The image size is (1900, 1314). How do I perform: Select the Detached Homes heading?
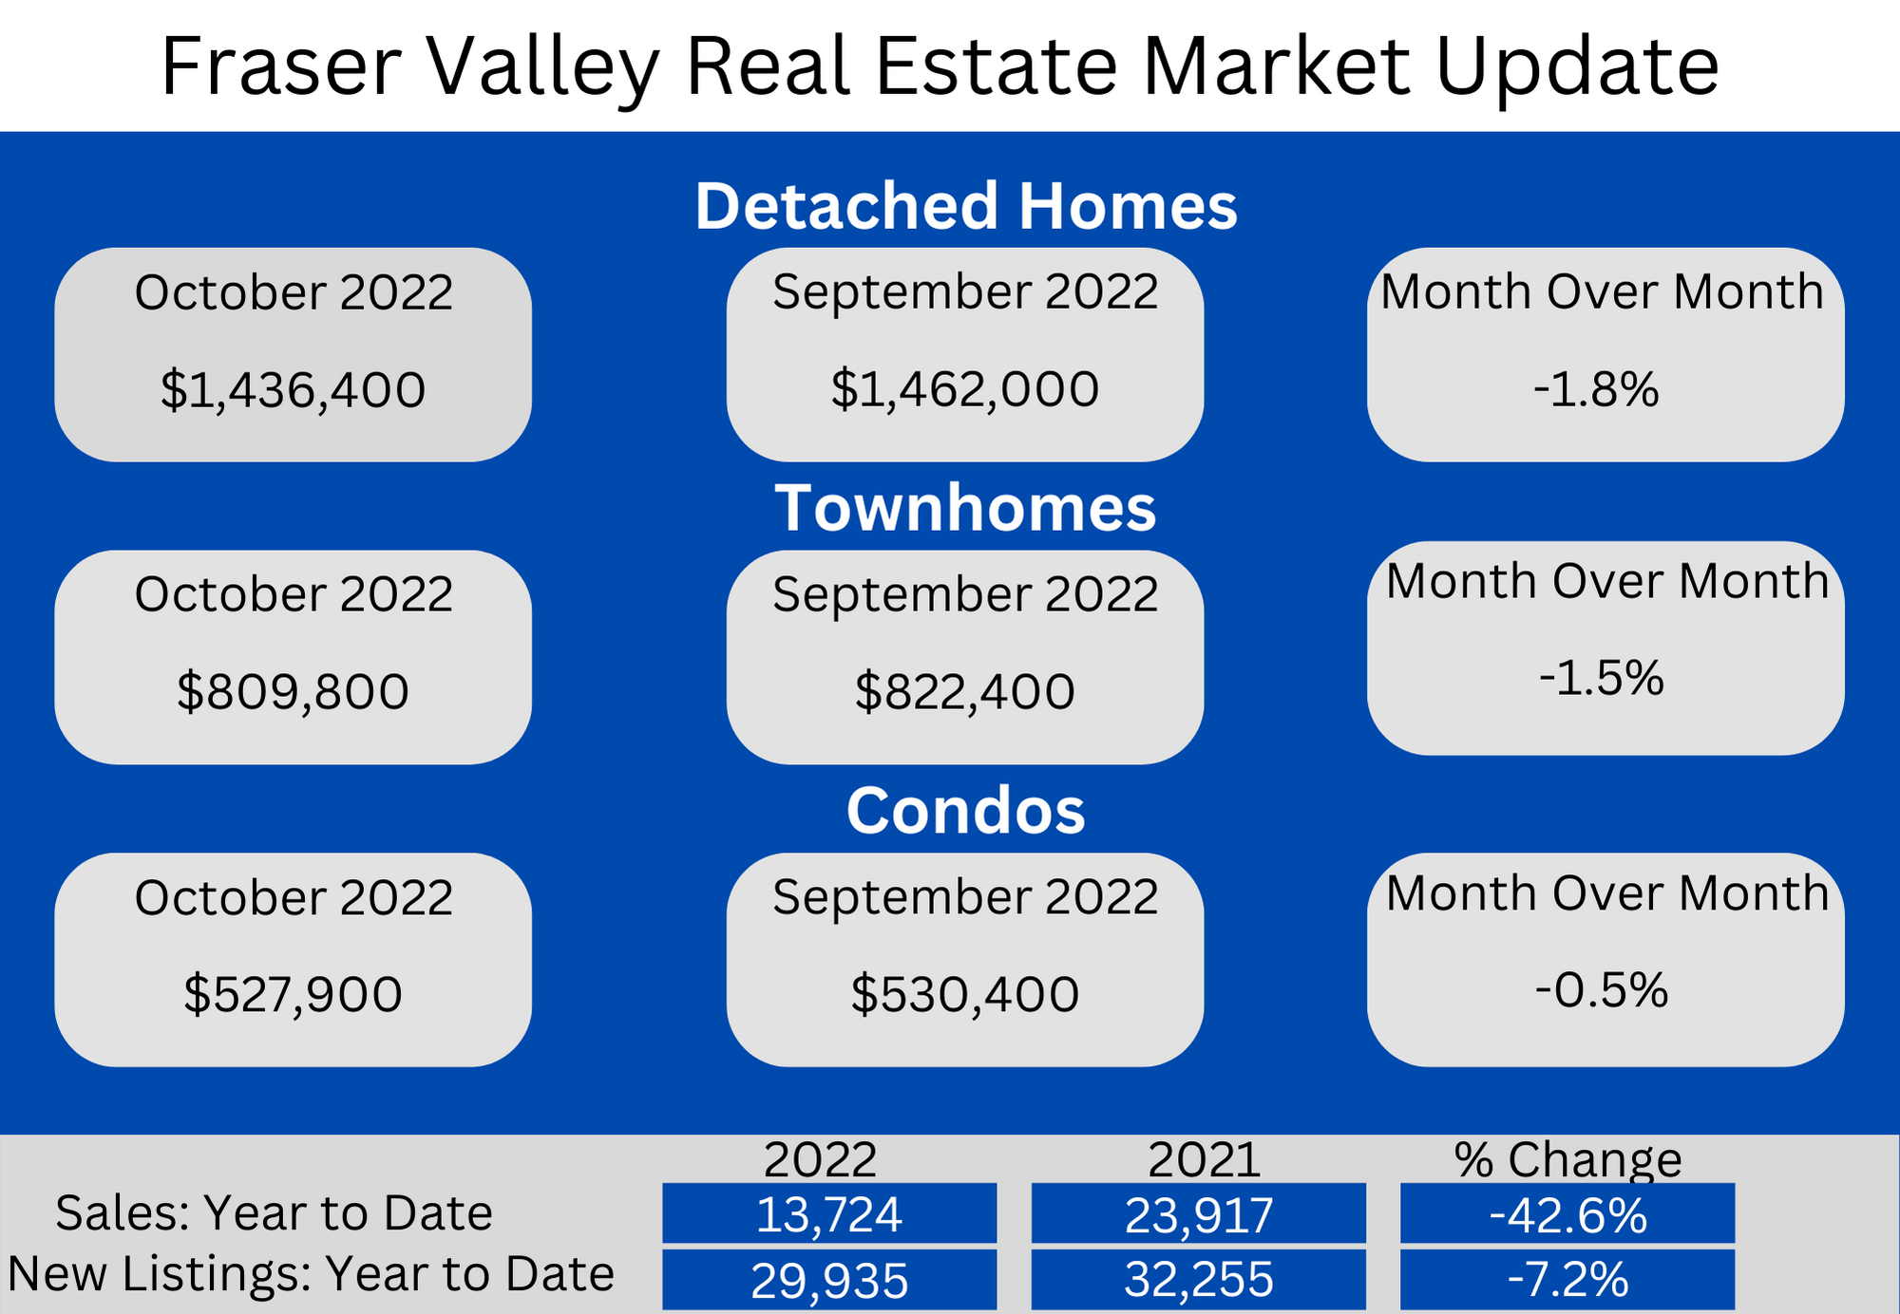click(x=966, y=206)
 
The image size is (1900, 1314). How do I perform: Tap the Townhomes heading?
click(x=965, y=508)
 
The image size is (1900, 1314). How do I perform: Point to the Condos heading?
click(x=965, y=811)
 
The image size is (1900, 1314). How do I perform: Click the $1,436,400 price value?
click(x=293, y=390)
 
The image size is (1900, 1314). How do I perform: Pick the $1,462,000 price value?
click(x=965, y=389)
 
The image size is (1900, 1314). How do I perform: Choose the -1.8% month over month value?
click(x=1596, y=389)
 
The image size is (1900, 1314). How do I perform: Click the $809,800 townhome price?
click(x=293, y=691)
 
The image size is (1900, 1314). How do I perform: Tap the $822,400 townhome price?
click(x=965, y=691)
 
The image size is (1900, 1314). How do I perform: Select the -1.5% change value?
click(x=1602, y=678)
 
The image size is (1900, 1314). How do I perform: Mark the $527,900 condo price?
click(x=293, y=994)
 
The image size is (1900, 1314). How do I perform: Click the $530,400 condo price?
click(x=965, y=994)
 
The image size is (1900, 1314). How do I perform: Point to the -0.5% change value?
click(x=1602, y=990)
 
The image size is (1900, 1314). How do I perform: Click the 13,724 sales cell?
click(x=829, y=1213)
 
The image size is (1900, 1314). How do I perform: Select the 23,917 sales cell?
click(x=1199, y=1213)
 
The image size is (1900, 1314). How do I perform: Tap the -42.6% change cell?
click(x=1567, y=1213)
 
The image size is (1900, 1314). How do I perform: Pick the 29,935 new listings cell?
click(x=829, y=1280)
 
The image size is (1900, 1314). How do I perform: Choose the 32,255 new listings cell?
click(x=1199, y=1280)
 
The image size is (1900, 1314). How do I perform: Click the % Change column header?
click(x=1567, y=1159)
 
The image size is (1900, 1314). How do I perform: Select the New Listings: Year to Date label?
click(x=312, y=1273)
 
